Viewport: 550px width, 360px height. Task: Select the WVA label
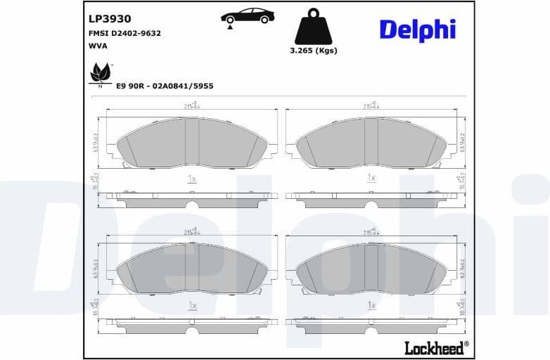point(98,46)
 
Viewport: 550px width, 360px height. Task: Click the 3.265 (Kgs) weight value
point(314,51)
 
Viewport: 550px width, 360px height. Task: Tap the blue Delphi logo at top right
point(417,29)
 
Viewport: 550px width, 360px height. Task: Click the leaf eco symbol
point(101,74)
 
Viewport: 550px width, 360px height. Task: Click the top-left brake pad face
point(192,143)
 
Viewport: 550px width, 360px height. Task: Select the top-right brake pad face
point(371,143)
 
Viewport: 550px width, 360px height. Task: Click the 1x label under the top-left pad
point(192,179)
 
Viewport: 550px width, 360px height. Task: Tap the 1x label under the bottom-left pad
point(192,305)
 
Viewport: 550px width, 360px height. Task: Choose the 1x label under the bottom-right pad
point(371,305)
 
